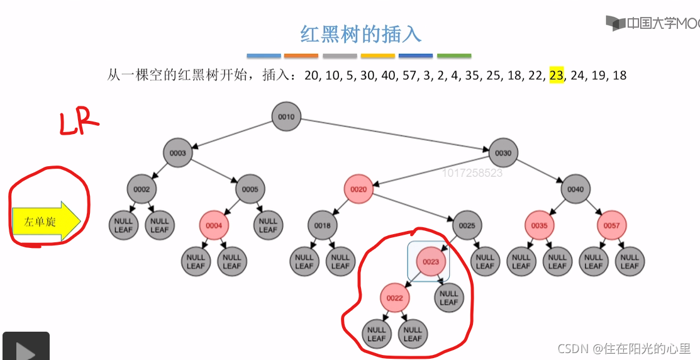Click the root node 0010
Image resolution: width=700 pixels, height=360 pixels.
(287, 117)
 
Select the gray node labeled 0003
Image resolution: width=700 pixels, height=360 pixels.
(178, 153)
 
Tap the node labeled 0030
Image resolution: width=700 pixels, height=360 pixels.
(503, 153)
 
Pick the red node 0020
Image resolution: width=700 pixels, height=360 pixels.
(358, 189)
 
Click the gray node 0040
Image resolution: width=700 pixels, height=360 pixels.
(575, 189)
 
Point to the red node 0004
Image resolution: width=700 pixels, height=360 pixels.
(214, 225)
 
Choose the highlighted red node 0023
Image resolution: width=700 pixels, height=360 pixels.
(431, 261)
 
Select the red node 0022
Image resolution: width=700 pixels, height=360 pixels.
(395, 298)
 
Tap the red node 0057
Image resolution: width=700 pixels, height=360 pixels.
(611, 225)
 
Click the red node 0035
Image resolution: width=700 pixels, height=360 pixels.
(540, 225)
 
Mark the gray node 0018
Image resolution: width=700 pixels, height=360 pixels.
(323, 225)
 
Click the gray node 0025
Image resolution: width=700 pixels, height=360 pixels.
(467, 225)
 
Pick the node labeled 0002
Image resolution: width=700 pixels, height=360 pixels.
(142, 189)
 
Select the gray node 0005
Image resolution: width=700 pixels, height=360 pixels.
(250, 189)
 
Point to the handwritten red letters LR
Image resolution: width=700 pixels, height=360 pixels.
(79, 123)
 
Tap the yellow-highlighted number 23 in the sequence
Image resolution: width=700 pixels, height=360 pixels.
(557, 76)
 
